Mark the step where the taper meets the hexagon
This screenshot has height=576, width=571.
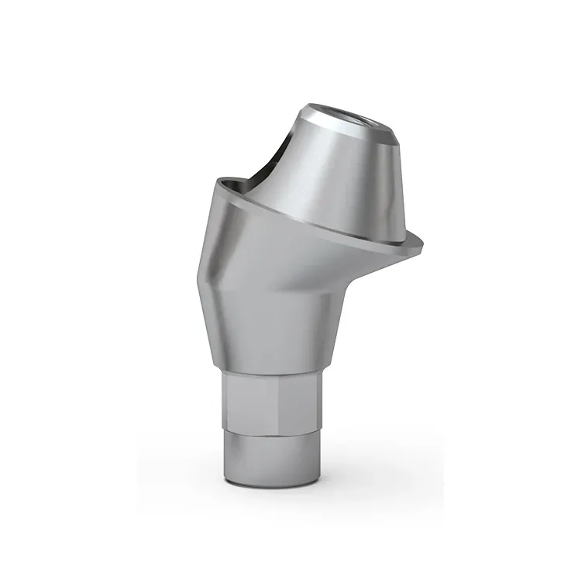(271, 372)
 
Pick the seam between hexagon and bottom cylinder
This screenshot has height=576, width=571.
(271, 431)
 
